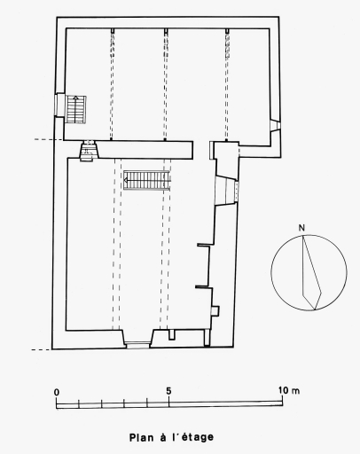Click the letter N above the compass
pyautogui.click(x=301, y=228)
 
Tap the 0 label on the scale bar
pyautogui.click(x=57, y=392)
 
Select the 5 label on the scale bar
pyautogui.click(x=168, y=391)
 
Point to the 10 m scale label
pyautogui.click(x=289, y=390)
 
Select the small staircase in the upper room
pyautogui.click(x=75, y=109)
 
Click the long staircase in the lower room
pyautogui.click(x=147, y=180)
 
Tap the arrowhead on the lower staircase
pyautogui.click(x=126, y=180)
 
